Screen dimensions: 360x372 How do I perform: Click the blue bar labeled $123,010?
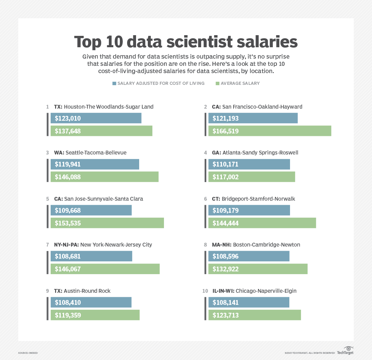click(x=96, y=118)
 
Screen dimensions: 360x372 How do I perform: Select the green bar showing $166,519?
click(x=270, y=131)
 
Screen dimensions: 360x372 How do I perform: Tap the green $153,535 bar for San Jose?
click(x=107, y=223)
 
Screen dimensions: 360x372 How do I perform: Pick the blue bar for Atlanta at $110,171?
click(x=249, y=164)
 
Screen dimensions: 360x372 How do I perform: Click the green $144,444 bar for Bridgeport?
click(x=262, y=223)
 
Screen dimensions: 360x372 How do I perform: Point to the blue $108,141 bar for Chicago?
click(x=249, y=302)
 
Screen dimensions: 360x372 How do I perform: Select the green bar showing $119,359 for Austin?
click(x=95, y=315)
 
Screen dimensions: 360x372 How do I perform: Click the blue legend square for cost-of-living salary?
click(x=114, y=83)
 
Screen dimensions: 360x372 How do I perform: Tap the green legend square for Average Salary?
click(x=217, y=83)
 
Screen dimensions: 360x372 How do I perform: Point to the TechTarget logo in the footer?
click(x=345, y=351)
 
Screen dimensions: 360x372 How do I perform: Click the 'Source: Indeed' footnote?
click(x=28, y=353)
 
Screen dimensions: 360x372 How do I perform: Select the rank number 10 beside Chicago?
click(x=205, y=291)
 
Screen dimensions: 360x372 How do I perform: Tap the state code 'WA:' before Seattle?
click(x=59, y=152)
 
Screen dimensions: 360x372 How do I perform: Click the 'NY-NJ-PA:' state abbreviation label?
click(x=66, y=244)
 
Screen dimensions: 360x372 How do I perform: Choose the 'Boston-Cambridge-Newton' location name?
click(x=266, y=244)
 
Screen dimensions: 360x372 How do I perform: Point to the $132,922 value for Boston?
click(x=225, y=269)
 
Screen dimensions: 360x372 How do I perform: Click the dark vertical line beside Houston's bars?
click(x=48, y=124)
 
